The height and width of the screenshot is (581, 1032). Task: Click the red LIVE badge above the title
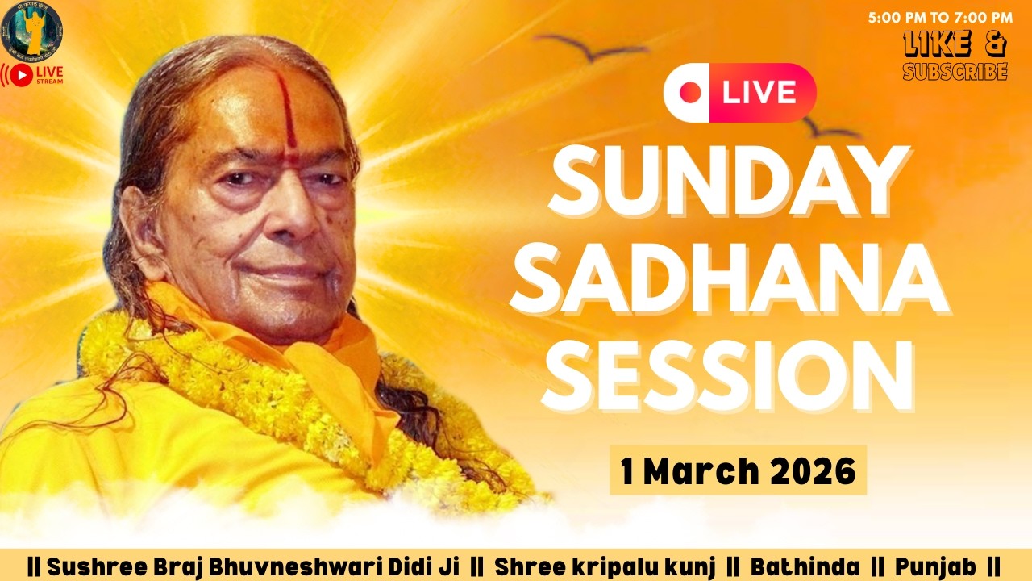[x=740, y=93]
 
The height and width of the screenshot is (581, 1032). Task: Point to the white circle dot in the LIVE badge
[x=690, y=93]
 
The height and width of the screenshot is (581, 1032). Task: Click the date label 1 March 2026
[x=738, y=470]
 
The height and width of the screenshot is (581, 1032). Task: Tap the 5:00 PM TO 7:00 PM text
[x=940, y=17]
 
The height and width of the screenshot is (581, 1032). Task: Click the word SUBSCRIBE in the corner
[x=955, y=72]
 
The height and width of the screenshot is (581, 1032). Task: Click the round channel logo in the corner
[x=31, y=30]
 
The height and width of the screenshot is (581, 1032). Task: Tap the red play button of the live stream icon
[x=22, y=76]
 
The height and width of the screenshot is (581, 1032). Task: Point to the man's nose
[x=293, y=210]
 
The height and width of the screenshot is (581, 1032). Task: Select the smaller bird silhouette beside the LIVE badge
[x=830, y=129]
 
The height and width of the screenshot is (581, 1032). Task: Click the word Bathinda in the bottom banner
[x=805, y=566]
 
